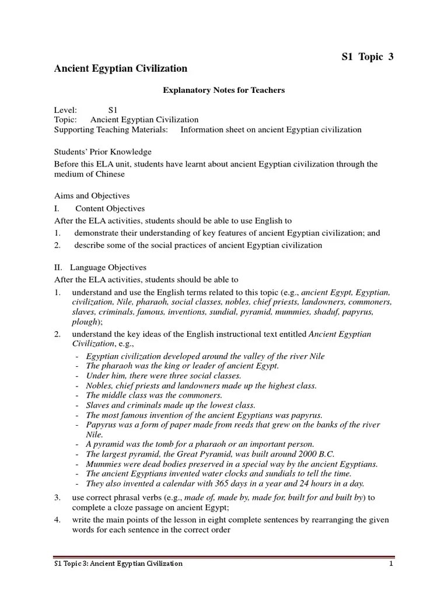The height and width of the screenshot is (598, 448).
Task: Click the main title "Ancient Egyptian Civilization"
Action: pyautogui.click(x=121, y=69)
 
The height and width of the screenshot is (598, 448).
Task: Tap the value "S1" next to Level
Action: pyautogui.click(x=113, y=110)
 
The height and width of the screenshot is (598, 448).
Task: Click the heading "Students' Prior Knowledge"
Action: pyautogui.click(x=103, y=152)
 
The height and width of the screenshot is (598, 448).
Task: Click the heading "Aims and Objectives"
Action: pyautogui.click(x=92, y=196)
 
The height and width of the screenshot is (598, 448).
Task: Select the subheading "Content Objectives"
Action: pyautogui.click(x=110, y=208)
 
